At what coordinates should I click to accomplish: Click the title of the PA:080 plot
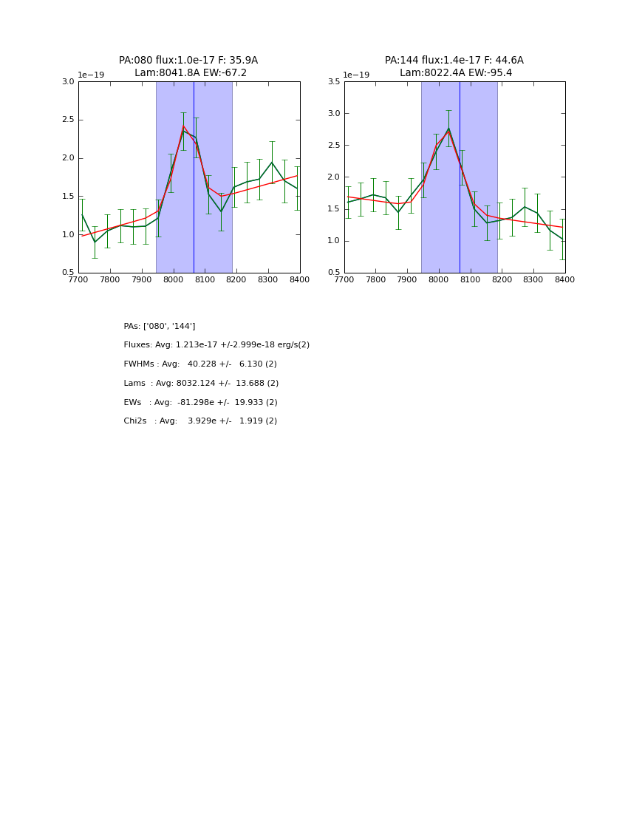188,67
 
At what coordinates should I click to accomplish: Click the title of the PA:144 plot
454,67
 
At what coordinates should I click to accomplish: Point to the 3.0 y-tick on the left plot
68,82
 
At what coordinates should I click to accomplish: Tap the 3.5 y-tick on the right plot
334,82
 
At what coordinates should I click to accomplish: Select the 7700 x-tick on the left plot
78,280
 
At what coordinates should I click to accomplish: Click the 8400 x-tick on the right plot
564,280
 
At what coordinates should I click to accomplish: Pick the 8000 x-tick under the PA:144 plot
439,280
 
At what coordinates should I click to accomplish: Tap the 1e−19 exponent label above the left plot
91,75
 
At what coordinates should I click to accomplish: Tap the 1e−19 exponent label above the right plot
356,75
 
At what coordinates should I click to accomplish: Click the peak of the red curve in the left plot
183,126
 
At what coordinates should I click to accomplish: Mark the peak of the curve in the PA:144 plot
448,130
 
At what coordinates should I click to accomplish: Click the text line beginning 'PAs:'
160,326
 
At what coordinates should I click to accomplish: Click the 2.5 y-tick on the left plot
68,120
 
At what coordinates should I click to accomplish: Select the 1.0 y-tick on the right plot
334,241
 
